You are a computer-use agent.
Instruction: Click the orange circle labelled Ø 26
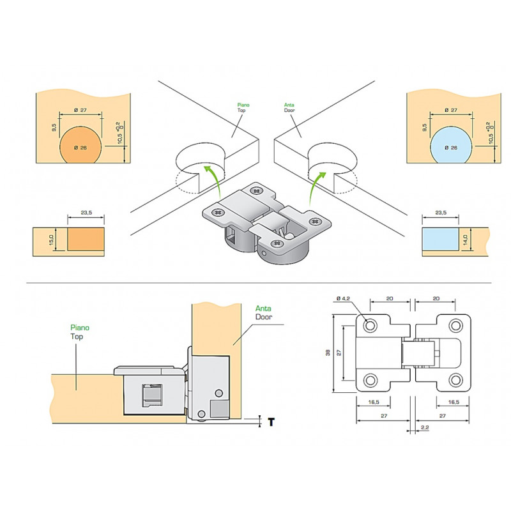tap(81, 146)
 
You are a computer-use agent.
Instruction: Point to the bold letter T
tap(271, 422)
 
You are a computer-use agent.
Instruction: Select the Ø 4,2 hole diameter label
tap(344, 298)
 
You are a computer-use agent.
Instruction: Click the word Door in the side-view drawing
tap(264, 317)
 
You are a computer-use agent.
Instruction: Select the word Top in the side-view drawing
tap(77, 335)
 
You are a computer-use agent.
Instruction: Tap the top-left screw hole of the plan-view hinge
tap(370, 326)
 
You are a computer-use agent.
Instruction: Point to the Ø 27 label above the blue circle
tap(450, 111)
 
